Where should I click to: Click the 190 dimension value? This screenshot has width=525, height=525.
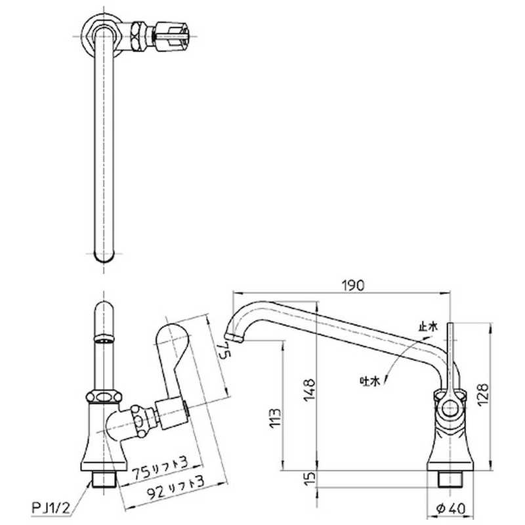[x=352, y=285]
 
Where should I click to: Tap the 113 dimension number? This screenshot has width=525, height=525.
[x=275, y=418]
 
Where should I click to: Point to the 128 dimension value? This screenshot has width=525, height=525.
[x=482, y=395]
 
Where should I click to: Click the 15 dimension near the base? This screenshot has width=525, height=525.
[x=310, y=478]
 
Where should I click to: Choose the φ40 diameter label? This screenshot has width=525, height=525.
[x=451, y=509]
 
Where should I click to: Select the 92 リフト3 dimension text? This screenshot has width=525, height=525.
[x=176, y=487]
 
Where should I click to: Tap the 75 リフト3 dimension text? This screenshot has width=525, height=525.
[x=160, y=469]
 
